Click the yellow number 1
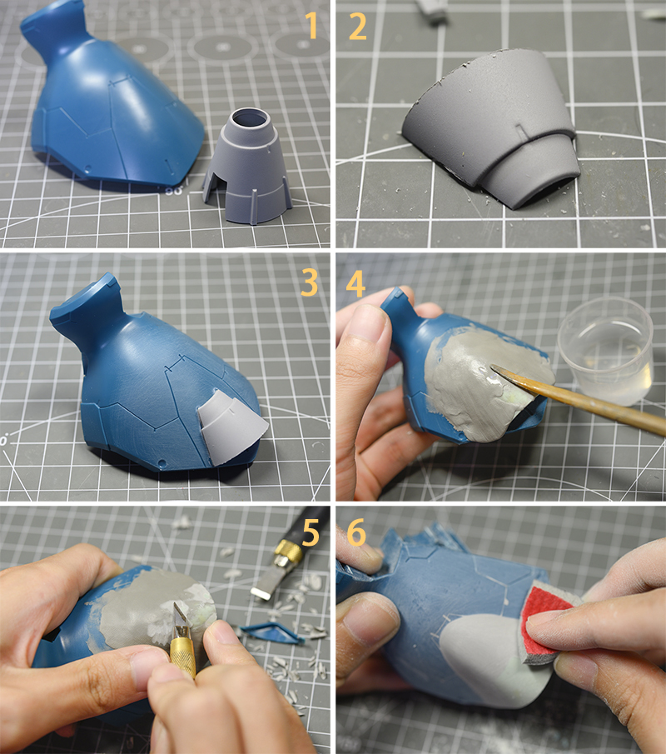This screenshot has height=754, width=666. [x=312, y=26]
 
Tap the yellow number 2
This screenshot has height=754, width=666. [x=357, y=27]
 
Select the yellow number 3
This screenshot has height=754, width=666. [x=310, y=282]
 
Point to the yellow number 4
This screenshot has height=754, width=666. [x=355, y=284]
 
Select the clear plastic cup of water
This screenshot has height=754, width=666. [x=606, y=350]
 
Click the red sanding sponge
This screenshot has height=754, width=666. [x=543, y=622]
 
